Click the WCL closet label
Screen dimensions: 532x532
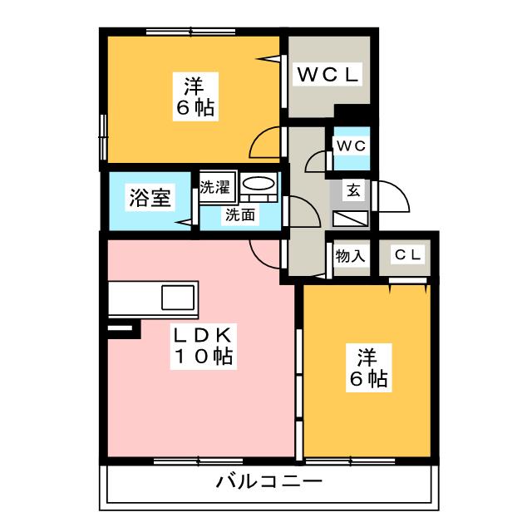328,74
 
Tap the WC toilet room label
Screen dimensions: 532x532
351,146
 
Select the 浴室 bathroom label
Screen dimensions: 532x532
150,198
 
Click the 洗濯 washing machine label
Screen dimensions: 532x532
214,187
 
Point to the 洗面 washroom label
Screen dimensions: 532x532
240,214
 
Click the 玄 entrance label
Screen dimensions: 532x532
353,190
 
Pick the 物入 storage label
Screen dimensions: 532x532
350,255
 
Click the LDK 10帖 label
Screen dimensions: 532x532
203,346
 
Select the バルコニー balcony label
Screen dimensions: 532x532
268,481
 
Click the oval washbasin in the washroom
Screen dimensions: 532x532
259,185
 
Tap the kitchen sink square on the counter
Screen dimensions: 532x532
178,298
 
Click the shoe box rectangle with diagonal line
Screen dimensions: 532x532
351,219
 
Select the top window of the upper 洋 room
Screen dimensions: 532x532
190,32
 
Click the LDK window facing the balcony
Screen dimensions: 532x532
198,461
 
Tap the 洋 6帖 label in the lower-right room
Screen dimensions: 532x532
368,367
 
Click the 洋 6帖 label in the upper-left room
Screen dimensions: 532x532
195,96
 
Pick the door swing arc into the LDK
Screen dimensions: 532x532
265,254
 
